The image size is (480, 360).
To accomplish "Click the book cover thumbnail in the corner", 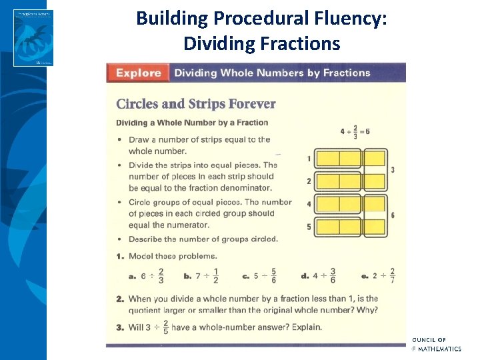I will click(33, 37).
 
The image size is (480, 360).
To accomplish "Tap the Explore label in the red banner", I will click(139, 73).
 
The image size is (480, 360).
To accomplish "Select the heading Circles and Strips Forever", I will click(195, 103).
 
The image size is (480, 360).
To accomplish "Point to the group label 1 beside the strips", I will click(309, 159).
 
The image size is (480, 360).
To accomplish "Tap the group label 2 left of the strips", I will click(309, 181).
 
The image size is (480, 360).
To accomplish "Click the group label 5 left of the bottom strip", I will click(309, 227).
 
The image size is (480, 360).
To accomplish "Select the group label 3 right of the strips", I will click(393, 170).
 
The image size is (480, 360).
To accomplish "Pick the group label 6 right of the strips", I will click(393, 215).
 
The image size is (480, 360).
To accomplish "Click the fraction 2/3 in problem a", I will click(161, 275).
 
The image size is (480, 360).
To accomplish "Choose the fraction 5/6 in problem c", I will click(274, 275).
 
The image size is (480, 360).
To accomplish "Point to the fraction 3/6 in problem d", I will click(333, 275).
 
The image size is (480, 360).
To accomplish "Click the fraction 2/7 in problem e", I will click(392, 275).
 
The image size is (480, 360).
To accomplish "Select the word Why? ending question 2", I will click(367, 310).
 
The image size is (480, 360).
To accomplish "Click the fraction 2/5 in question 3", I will click(165, 327).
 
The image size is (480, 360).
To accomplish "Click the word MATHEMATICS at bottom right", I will click(437, 349).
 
